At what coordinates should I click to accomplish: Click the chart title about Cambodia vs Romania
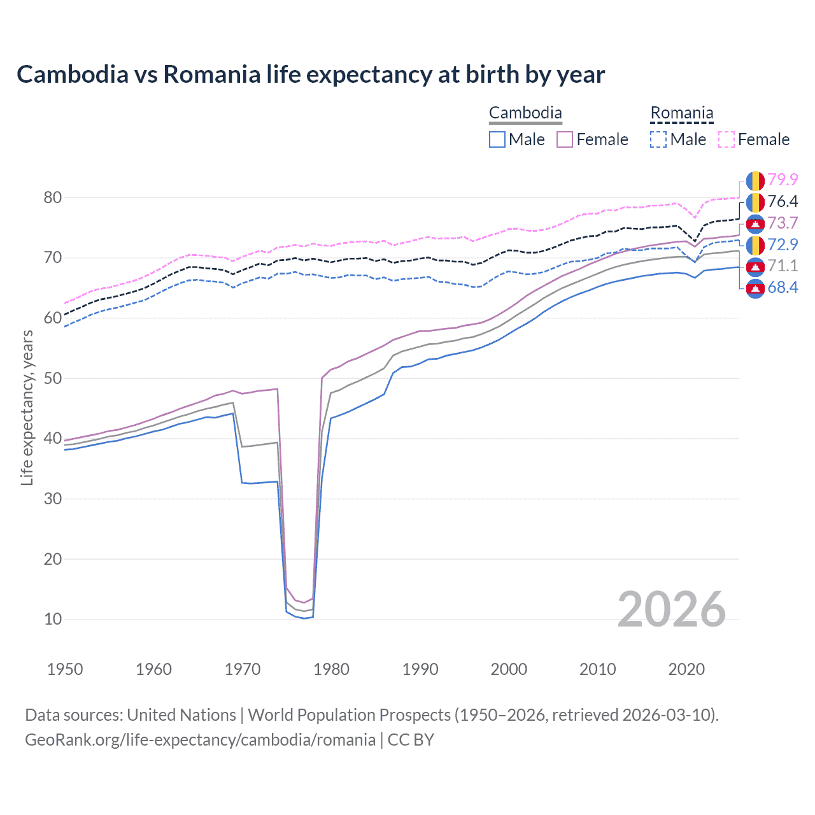tap(311, 74)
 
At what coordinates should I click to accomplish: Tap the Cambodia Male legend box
tap(497, 139)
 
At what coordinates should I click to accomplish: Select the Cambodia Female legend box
tap(565, 139)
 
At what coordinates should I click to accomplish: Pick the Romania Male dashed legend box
tap(658, 139)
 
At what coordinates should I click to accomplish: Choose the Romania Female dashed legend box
tap(726, 139)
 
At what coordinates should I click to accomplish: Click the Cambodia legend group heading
tap(525, 113)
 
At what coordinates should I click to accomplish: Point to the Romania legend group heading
tap(681, 113)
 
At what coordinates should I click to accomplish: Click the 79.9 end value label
tap(783, 180)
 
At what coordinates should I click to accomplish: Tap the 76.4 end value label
tap(783, 202)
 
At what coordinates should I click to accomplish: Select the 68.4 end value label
tap(783, 288)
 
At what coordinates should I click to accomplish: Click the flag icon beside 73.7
tap(755, 223)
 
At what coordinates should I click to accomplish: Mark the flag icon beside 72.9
tap(755, 245)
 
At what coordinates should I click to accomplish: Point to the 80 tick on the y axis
tap(53, 197)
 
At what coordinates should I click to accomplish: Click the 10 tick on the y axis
tap(53, 619)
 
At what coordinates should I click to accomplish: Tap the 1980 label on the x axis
tap(331, 669)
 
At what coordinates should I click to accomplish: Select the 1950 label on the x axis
tap(65, 669)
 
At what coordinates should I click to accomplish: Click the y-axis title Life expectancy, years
tap(27, 407)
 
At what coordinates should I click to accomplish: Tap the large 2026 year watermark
tap(671, 609)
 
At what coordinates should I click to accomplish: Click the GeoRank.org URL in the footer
tap(200, 740)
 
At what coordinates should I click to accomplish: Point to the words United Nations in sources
tap(181, 715)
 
